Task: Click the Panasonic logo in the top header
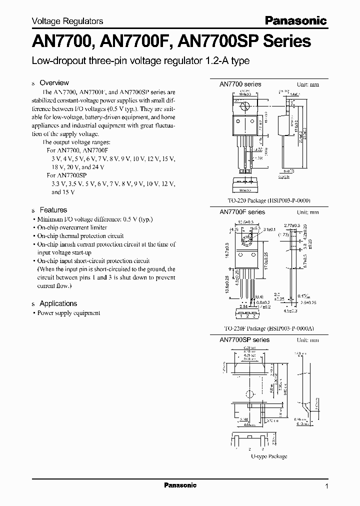tap(295, 20)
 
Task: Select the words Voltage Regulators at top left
tap(67, 21)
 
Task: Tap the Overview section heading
tap(54, 82)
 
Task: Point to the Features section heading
tap(53, 210)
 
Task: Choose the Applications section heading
tap(58, 303)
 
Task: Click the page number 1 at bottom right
tap(326, 486)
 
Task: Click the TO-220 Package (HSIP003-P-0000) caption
tap(269, 200)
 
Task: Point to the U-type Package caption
tap(269, 456)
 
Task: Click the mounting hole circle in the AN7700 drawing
tap(245, 106)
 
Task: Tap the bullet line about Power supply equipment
tap(69, 313)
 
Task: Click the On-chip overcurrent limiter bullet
tap(73, 227)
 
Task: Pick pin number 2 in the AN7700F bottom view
tap(246, 315)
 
